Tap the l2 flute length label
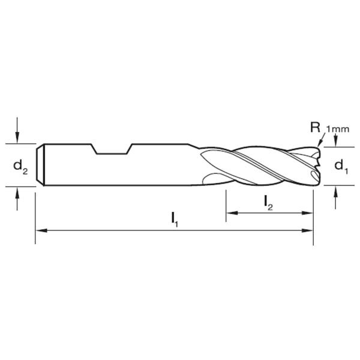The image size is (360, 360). tap(269, 203)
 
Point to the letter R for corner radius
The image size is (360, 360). tap(314, 127)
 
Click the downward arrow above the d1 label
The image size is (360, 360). tap(335, 140)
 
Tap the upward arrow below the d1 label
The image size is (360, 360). tap(335, 193)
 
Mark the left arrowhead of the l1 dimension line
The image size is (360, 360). tap(41, 230)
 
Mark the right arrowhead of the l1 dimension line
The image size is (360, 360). tap(308, 230)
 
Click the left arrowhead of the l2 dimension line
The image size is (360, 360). tap(231, 213)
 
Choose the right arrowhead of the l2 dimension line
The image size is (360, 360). tap(308, 213)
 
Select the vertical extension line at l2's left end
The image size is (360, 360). tap(226, 204)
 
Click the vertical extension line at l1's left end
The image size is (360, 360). tap(35, 216)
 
